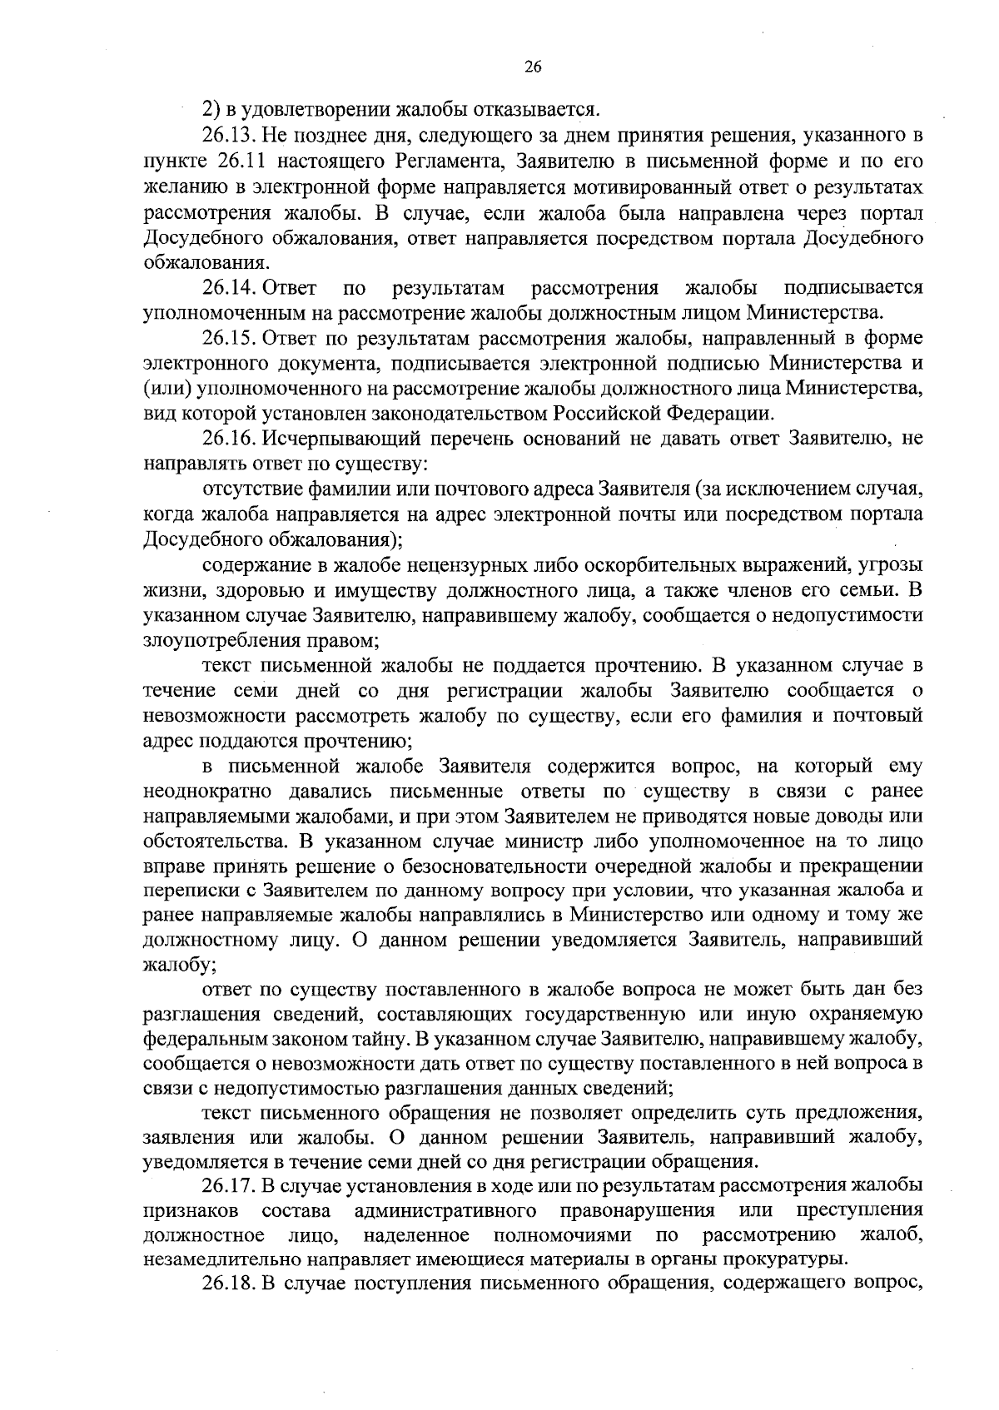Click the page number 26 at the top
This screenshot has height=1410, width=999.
point(534,69)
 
